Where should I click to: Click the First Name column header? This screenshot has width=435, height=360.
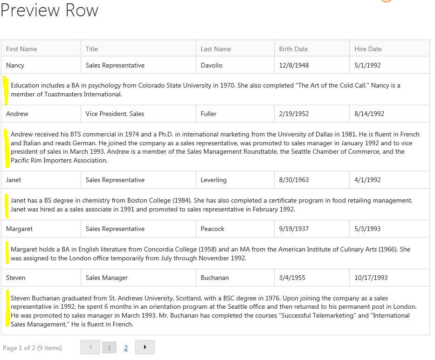21,49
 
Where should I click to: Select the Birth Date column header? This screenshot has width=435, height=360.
293,49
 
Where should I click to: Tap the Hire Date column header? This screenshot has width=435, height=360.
368,49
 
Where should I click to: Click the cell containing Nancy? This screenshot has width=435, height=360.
15,65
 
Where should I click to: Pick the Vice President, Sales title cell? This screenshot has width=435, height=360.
115,114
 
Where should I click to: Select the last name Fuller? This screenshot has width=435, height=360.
208,114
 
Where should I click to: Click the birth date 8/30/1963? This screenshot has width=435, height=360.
294,180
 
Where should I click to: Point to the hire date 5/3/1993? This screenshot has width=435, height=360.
367,229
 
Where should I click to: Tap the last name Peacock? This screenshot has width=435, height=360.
212,229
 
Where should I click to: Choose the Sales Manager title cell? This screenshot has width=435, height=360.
106,278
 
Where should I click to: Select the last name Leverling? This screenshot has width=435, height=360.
214,180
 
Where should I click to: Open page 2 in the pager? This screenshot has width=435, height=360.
126,347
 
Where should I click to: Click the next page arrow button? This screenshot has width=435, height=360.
145,347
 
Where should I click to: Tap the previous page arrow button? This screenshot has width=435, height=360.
90,347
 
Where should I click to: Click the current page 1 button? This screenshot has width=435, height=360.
109,347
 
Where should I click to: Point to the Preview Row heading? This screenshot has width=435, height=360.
49,10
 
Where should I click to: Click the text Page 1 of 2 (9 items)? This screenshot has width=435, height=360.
32,348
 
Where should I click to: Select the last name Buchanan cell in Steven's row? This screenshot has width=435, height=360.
214,278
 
